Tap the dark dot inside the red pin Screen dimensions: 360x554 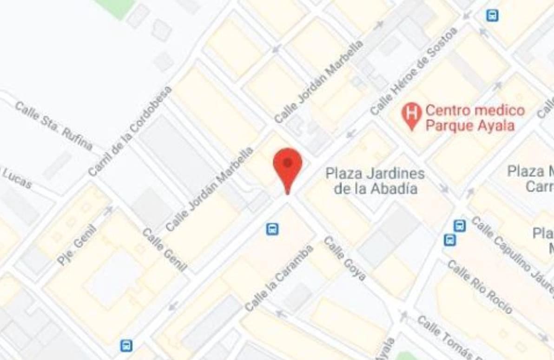click(288, 162)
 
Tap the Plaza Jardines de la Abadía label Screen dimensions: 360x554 click(375, 181)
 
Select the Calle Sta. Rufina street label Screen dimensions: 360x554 click(53, 126)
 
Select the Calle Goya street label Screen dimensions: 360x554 click(344, 259)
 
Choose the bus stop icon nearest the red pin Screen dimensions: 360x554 click(272, 229)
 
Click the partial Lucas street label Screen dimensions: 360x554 click(17, 178)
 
